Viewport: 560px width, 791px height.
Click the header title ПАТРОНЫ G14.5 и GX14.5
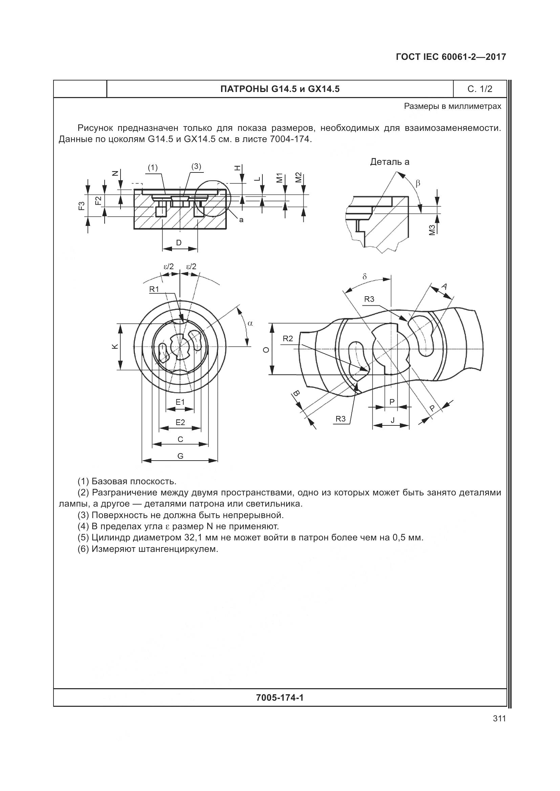[280, 89]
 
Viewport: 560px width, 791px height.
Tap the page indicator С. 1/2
[480, 89]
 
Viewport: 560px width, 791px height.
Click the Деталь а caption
[390, 162]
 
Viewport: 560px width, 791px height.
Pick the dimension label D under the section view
[179, 243]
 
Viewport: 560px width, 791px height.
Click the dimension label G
[180, 456]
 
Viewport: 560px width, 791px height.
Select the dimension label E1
[180, 402]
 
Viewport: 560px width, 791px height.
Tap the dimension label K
[115, 347]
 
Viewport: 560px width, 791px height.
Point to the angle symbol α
[250, 323]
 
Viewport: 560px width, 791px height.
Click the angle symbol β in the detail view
[418, 183]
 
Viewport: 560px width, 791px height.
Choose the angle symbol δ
[365, 277]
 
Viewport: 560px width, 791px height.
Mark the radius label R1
[154, 289]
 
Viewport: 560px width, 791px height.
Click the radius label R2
[287, 339]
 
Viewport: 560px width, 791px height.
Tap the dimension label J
[392, 420]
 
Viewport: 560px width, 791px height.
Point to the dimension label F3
[81, 206]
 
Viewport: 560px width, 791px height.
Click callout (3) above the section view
[196, 166]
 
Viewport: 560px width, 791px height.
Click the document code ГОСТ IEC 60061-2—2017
[451, 57]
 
